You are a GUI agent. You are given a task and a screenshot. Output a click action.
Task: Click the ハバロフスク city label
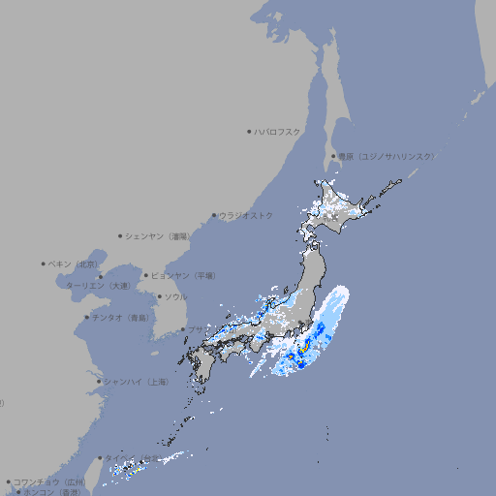(x=277, y=131)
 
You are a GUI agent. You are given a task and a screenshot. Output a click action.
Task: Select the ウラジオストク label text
(x=246, y=215)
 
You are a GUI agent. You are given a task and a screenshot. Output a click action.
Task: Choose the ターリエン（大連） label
(x=98, y=286)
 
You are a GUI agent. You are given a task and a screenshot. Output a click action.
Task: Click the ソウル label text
(x=175, y=296)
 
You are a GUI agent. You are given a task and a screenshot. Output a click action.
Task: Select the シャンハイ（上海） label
(x=136, y=383)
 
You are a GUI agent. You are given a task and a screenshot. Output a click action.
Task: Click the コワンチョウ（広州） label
(x=49, y=481)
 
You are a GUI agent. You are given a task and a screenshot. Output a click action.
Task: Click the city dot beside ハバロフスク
(x=249, y=131)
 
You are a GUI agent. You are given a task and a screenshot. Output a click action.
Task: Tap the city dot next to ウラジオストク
(x=214, y=215)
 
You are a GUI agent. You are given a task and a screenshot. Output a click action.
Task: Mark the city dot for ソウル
(x=158, y=296)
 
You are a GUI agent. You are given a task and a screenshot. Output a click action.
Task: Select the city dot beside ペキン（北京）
(x=43, y=263)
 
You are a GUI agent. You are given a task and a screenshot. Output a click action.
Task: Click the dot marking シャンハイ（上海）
(x=99, y=382)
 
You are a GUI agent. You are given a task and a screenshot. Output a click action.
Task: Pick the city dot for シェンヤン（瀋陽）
(x=120, y=235)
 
